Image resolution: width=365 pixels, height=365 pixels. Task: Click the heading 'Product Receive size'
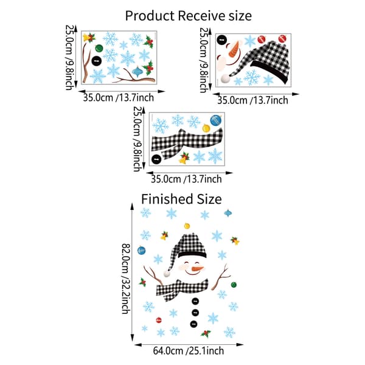pyautogui.click(x=189, y=16)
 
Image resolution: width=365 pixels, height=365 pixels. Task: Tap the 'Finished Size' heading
pyautogui.click(x=181, y=200)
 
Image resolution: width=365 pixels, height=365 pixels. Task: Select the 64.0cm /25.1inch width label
pyautogui.click(x=189, y=351)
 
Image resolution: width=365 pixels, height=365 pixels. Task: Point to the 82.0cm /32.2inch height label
pyautogui.click(x=127, y=279)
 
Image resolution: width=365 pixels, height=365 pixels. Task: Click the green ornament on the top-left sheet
pyautogui.click(x=99, y=48)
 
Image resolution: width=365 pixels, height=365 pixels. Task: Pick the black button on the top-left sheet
pyautogui.click(x=97, y=61)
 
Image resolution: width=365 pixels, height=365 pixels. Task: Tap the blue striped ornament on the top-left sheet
pyautogui.click(x=137, y=72)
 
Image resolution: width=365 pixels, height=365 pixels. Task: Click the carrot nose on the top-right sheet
pyautogui.click(x=234, y=49)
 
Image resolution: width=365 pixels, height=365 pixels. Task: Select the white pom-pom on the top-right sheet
pyautogui.click(x=225, y=78)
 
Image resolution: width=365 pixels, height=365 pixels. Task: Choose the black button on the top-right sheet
pyautogui.click(x=221, y=40)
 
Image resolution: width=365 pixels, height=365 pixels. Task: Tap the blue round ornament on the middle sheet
pyautogui.click(x=216, y=120)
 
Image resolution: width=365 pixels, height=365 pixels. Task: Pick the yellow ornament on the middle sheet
pyautogui.click(x=206, y=128)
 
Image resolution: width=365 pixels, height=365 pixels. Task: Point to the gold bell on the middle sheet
pyautogui.click(x=184, y=158)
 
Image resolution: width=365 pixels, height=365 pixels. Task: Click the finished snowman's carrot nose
pyautogui.click(x=198, y=269)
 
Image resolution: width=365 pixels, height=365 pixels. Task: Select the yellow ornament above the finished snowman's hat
pyautogui.click(x=187, y=226)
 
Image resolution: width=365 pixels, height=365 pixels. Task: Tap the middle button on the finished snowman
pyautogui.click(x=195, y=313)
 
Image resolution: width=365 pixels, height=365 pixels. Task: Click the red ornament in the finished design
pyautogui.click(x=159, y=320)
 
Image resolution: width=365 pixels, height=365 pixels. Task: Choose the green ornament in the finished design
pyautogui.click(x=234, y=285)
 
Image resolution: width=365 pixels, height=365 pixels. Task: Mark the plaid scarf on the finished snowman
pyautogui.click(x=181, y=290)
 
